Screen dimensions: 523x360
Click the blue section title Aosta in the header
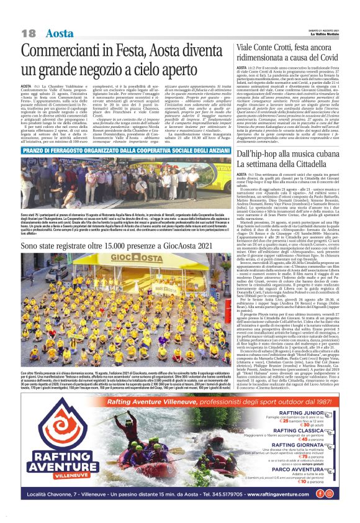tap(60, 33)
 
